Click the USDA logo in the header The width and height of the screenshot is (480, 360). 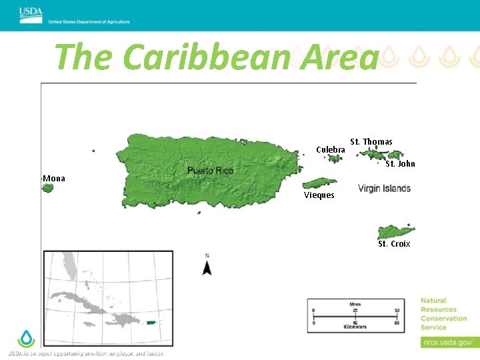pos(31,11)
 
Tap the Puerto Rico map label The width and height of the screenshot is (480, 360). pos(210,171)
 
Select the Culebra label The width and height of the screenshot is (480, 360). pos(330,150)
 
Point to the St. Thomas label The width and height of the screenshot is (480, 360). pos(371,141)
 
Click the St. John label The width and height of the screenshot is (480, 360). pos(400,164)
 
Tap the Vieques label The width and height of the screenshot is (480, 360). pos(319,195)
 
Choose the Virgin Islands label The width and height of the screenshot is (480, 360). pos(384,189)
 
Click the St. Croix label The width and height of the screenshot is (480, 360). pos(394,244)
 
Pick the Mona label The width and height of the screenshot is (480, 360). pos(54,179)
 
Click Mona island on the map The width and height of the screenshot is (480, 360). pos(47,189)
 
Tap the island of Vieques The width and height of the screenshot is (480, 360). pos(319,183)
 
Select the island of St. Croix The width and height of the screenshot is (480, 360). pos(396,232)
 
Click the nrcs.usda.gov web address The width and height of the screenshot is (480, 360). pos(447,343)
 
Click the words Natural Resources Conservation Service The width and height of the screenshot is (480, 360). pos(443,314)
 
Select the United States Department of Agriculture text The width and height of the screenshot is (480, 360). pos(89,22)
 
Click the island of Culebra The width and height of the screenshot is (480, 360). pos(334,159)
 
